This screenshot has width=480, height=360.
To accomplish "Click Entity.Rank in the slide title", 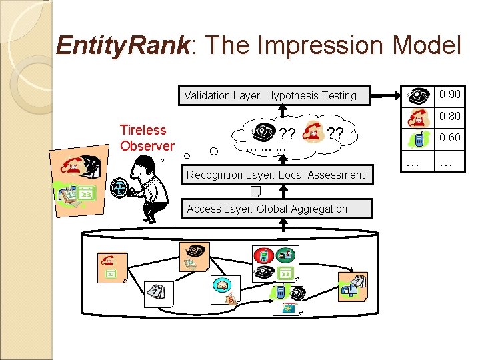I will (123, 45).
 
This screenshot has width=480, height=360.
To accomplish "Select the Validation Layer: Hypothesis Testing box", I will (270, 95).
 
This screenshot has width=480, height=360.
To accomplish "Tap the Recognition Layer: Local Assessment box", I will (275, 175).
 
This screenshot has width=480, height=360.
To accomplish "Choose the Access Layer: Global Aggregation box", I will (267, 209).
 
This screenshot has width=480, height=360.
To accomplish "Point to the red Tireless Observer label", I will (147, 137).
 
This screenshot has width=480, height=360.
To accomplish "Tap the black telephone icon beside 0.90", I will (419, 96).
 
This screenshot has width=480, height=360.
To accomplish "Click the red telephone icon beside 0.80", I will (419, 117).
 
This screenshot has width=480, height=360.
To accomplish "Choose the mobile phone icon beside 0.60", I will (419, 139).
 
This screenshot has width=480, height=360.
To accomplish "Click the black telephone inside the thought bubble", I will (265, 131).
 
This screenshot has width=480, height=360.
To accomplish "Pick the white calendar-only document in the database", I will (158, 291).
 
